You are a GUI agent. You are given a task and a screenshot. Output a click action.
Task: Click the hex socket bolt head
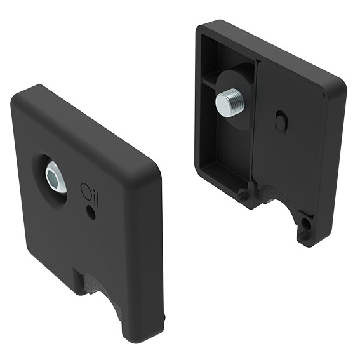pyautogui.click(x=55, y=177)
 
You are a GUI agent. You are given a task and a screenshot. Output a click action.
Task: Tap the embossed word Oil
pyautogui.click(x=90, y=192)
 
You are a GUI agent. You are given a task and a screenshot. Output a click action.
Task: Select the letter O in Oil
pyautogui.click(x=85, y=190)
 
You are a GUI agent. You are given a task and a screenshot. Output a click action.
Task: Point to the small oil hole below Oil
pyautogui.click(x=91, y=213)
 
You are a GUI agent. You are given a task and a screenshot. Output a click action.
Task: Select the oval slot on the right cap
pyautogui.click(x=281, y=121)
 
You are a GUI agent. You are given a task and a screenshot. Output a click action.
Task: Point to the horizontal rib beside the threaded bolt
pyautogui.click(x=210, y=83)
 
